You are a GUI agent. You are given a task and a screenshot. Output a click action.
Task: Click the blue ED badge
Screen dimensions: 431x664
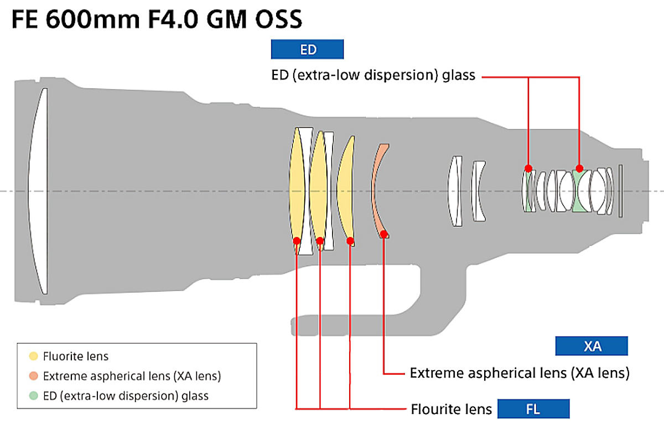point(308,50)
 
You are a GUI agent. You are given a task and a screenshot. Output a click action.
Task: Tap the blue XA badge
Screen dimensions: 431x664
point(592,346)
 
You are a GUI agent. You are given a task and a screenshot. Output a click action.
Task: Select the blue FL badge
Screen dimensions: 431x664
point(533,409)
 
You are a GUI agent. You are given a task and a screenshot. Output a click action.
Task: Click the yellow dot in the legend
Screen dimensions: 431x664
point(34,356)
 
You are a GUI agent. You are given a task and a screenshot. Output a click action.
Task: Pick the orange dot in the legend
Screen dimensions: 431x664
point(34,376)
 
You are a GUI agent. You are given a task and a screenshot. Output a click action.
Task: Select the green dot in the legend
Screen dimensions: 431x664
point(34,396)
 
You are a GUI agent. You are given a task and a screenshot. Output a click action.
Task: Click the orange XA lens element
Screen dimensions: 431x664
point(377,191)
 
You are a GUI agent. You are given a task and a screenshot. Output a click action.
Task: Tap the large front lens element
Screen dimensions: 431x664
point(39,191)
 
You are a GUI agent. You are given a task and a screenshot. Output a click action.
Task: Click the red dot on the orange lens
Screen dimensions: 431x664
point(384,235)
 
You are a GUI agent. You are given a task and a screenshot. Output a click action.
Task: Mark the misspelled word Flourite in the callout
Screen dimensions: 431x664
point(437,409)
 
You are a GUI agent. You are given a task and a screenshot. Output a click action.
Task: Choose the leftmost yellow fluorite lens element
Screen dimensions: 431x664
point(297,191)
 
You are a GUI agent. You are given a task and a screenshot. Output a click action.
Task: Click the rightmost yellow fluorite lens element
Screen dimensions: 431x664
point(347,191)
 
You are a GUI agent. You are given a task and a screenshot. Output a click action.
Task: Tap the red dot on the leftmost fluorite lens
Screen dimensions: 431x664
point(297,240)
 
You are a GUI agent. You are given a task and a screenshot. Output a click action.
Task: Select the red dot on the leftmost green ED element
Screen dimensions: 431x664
point(528,168)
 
